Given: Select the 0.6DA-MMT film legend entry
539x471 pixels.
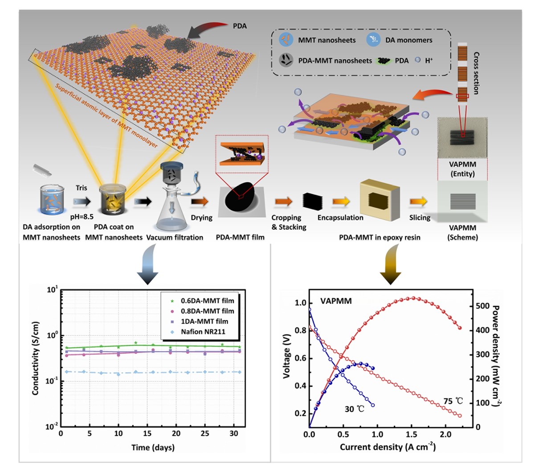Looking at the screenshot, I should coord(207,300).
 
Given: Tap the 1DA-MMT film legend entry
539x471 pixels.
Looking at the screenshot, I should coord(204,321).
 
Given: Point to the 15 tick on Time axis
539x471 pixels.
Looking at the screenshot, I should coord(147,434).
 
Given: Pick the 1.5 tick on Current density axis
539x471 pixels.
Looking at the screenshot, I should coord(411,434).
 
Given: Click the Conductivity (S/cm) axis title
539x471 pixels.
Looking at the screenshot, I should coord(36,358).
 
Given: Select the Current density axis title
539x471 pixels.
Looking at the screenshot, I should coord(388,447).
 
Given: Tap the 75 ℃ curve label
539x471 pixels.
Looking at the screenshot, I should coord(453,401).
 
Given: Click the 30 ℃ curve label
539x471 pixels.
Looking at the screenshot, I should coord(355,408).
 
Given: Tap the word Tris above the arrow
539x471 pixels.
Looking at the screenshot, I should coord(81,187).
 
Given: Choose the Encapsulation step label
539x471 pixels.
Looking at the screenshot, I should coord(340,218).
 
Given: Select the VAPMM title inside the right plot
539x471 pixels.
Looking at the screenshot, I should coord(336,301).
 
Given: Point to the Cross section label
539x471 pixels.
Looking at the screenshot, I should coord(476,73).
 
